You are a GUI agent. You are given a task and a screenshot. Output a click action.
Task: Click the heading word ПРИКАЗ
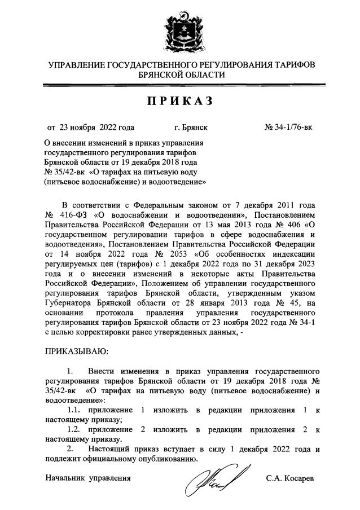click(x=180, y=101)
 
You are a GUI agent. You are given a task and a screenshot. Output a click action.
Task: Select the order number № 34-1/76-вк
click(x=288, y=128)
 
